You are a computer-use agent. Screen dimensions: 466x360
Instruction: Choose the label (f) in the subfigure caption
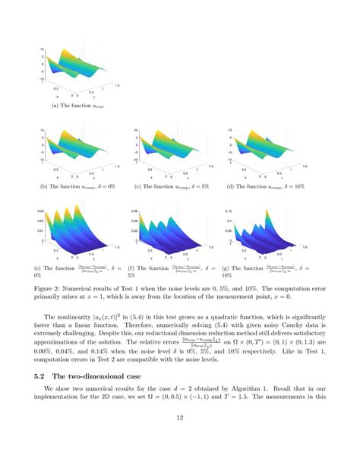pos(134,268)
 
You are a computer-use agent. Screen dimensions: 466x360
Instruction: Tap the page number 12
pos(180,439)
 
